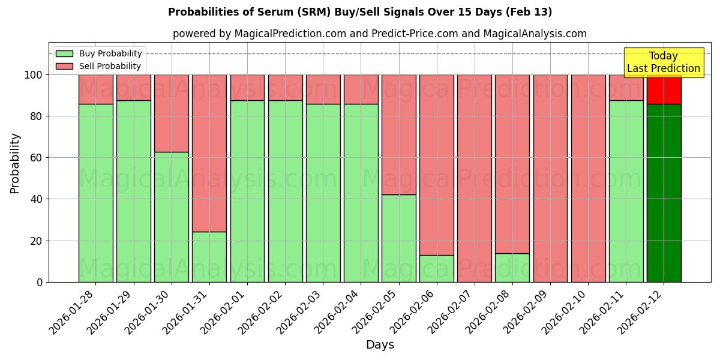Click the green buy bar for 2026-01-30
coord(171,217)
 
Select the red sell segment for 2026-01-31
coord(209,153)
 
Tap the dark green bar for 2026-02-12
coord(664,193)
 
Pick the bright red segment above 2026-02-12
coord(664,90)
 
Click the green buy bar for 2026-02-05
coord(399,238)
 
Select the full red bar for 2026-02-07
coord(475,178)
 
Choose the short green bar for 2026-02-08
coord(512,268)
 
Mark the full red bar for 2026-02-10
coord(588,178)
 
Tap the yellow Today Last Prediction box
coord(664,62)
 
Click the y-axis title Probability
coord(15,163)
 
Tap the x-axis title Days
coord(380,345)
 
